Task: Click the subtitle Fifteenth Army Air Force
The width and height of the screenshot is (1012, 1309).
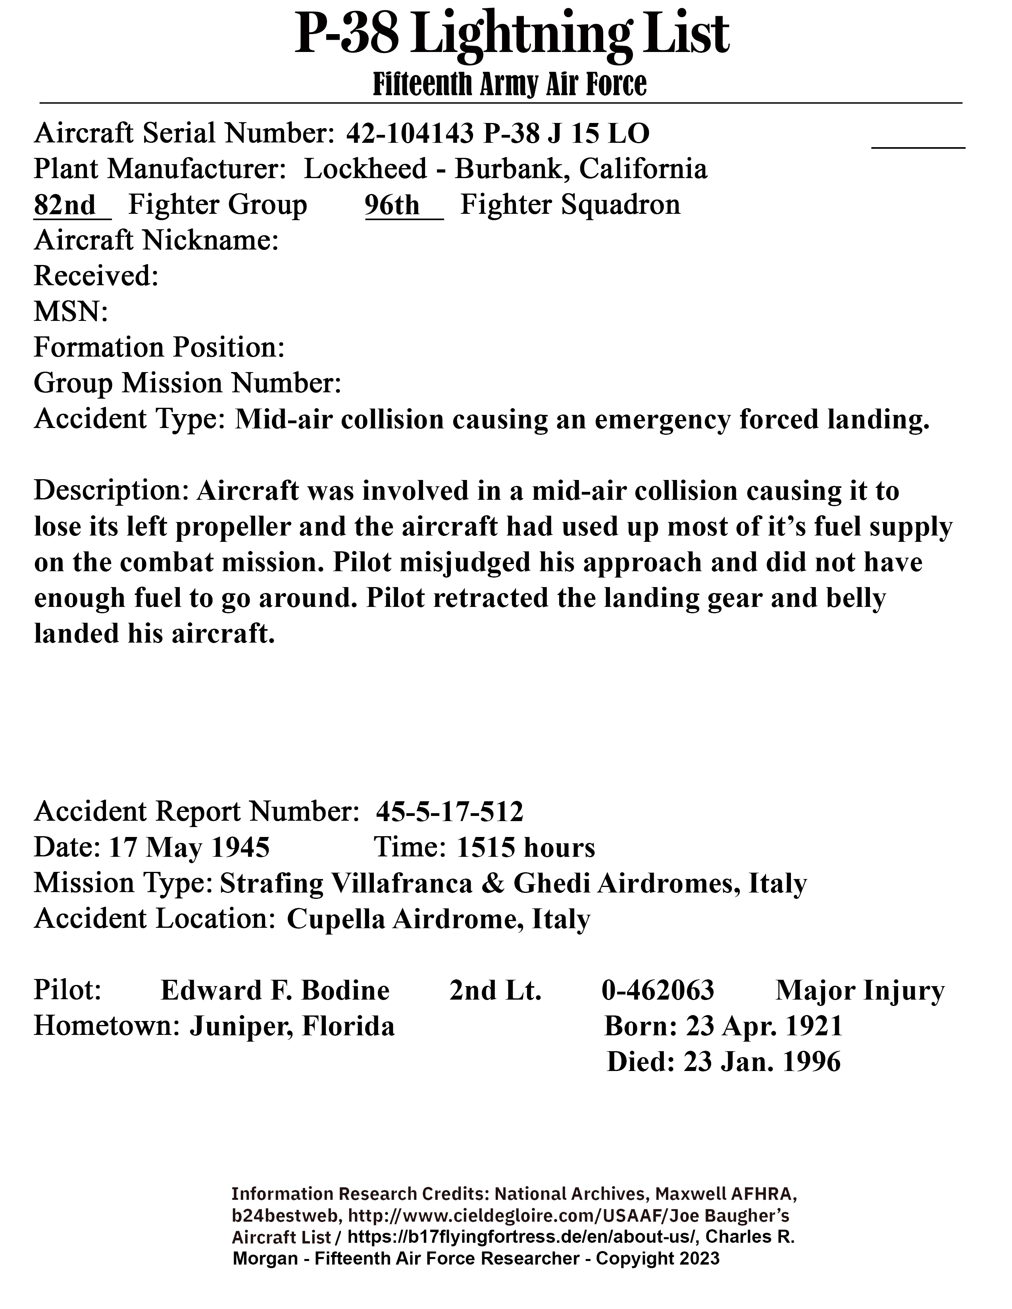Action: coord(510,84)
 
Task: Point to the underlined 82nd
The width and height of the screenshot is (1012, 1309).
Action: coord(65,205)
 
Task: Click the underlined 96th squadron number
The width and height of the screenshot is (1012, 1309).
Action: coord(392,205)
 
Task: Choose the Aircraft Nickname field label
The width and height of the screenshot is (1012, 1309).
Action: coord(156,241)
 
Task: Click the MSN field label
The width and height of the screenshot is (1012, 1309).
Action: coord(71,312)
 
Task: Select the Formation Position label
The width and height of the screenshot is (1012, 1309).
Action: coord(159,347)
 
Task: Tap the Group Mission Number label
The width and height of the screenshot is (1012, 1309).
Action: coord(187,384)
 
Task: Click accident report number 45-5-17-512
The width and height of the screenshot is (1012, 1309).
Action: coord(450,812)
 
